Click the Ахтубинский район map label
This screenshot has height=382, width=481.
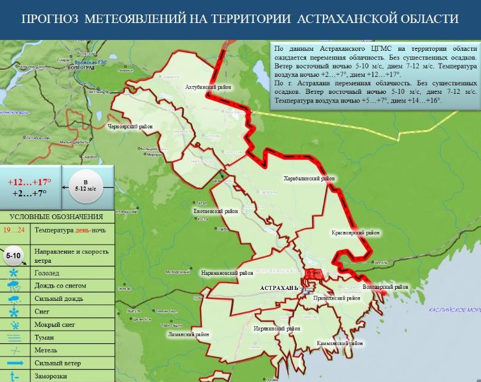click(x=208, y=87)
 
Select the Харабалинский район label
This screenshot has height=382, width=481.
click(x=309, y=179)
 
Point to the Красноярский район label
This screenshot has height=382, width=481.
click(x=356, y=232)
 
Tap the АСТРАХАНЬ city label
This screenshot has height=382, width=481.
click(x=279, y=288)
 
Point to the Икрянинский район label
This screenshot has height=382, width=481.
click(x=277, y=328)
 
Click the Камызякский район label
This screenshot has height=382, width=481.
click(x=340, y=343)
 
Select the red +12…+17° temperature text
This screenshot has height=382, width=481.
click(x=30, y=182)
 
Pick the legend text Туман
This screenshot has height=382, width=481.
click(x=44, y=337)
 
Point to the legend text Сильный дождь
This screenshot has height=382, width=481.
click(x=58, y=298)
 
